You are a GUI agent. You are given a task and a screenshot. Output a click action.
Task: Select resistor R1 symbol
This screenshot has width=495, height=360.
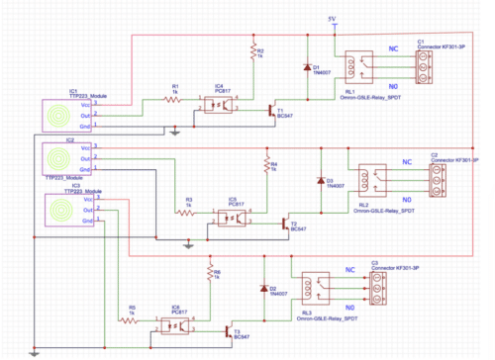[174, 99]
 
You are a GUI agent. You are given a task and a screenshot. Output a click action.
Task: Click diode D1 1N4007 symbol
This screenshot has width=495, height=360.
[306, 69]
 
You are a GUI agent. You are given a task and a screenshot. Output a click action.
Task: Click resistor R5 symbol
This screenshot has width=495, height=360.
[129, 319]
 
